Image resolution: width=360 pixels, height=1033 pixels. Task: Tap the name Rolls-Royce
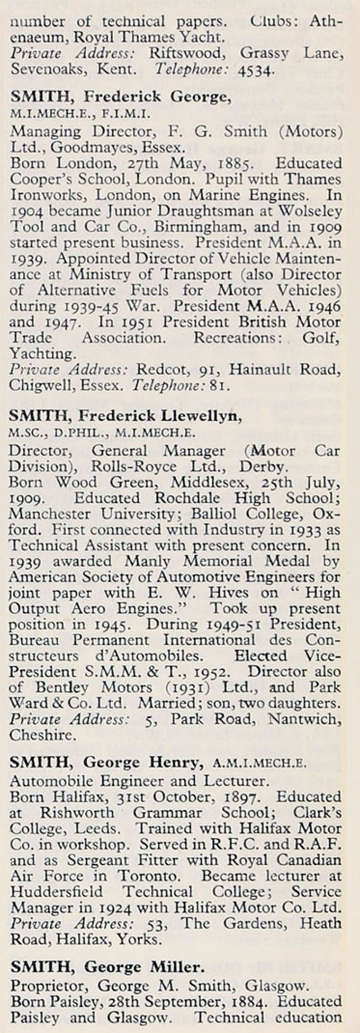coord(140,467)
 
